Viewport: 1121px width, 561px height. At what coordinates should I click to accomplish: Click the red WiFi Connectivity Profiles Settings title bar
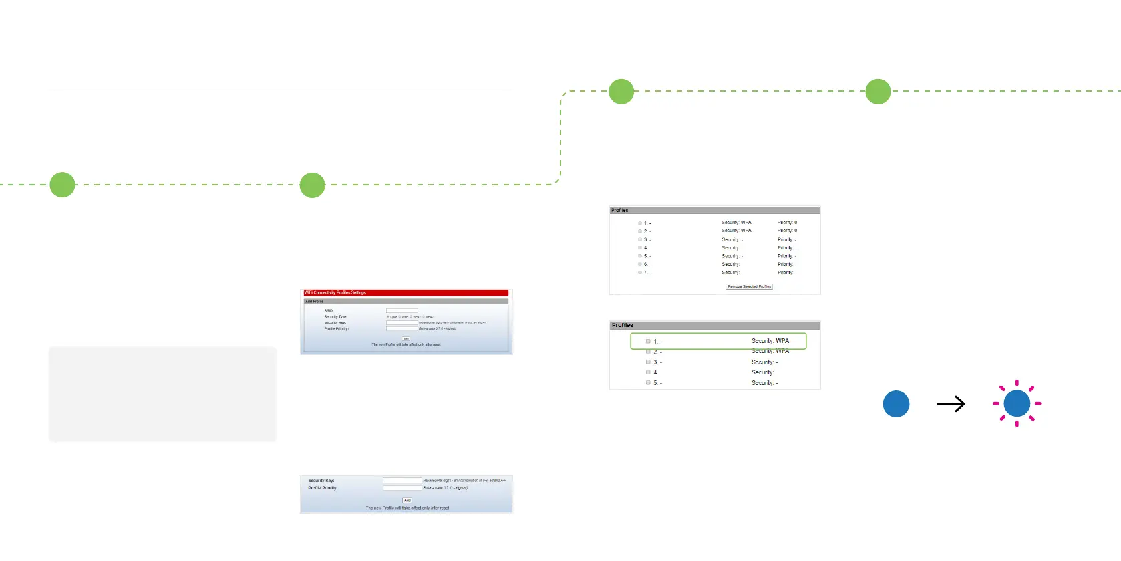pyautogui.click(x=406, y=292)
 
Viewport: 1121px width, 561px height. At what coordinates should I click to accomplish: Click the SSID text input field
pyautogui.click(x=402, y=310)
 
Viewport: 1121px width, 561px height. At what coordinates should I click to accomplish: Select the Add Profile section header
pyautogui.click(x=406, y=302)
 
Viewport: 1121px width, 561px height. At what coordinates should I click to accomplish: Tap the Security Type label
pyautogui.click(x=336, y=317)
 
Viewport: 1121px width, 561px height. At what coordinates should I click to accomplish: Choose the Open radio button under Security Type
pyautogui.click(x=388, y=317)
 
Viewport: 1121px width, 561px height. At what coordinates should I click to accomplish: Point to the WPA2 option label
pyautogui.click(x=430, y=317)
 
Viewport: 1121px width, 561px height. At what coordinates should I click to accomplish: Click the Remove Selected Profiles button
pyautogui.click(x=749, y=286)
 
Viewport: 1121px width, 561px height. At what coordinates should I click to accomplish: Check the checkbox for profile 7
pyautogui.click(x=640, y=273)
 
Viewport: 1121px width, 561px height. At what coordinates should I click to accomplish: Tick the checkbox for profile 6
pyautogui.click(x=640, y=265)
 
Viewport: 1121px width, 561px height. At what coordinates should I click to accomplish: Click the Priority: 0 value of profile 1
pyautogui.click(x=787, y=223)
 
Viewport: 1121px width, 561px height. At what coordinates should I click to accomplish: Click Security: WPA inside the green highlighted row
pyautogui.click(x=770, y=341)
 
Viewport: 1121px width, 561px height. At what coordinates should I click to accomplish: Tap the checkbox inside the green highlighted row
pyautogui.click(x=648, y=341)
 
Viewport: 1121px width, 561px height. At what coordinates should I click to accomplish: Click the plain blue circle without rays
pyautogui.click(x=896, y=404)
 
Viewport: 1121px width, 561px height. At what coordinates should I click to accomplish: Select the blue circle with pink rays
pyautogui.click(x=1017, y=403)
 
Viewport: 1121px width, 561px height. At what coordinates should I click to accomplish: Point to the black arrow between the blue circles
pyautogui.click(x=951, y=404)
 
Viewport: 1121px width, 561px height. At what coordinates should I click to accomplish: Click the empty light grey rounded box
pyautogui.click(x=162, y=394)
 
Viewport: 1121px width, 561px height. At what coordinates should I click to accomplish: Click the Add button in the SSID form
pyautogui.click(x=406, y=338)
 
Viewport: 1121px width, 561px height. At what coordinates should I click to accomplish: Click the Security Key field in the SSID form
pyautogui.click(x=402, y=322)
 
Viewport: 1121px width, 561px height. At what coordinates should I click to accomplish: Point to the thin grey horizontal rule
pyautogui.click(x=279, y=90)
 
